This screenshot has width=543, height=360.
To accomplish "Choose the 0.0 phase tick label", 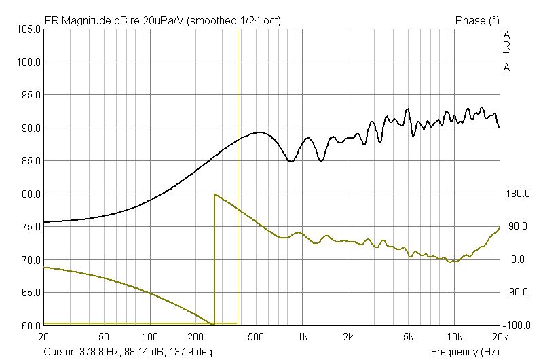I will coord(517,259).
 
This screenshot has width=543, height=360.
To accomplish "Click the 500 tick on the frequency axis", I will coord(256,337).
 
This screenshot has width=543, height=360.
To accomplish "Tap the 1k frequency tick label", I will coord(303,337).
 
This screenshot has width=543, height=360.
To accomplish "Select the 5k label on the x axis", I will coord(409,337).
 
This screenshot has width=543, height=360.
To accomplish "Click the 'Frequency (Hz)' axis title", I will coord(465,352).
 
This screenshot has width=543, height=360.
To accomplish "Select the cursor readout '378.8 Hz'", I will coord(100,352).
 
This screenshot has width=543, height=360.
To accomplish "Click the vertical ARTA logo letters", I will coord(506,50).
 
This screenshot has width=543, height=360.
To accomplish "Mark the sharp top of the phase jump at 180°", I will coord(214,194).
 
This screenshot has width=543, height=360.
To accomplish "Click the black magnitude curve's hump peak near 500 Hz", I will coord(259,132).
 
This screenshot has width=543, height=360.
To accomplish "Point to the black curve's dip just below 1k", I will coord(291,162).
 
